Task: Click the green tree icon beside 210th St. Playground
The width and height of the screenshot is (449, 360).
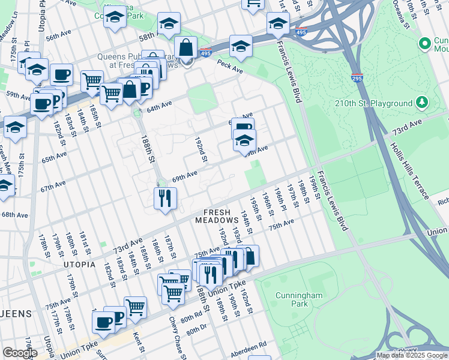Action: click(423, 103)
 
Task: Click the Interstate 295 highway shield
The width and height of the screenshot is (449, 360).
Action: click(357, 77)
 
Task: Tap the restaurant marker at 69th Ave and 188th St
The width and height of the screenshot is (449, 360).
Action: click(164, 197)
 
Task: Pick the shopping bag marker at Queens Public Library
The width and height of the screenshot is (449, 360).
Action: click(186, 47)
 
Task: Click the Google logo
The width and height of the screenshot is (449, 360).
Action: click(20, 353)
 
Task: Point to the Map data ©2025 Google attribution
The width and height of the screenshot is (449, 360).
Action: click(412, 355)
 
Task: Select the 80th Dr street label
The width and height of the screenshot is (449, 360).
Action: click(196, 330)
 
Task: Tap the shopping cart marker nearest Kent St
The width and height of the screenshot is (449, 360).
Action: click(135, 307)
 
